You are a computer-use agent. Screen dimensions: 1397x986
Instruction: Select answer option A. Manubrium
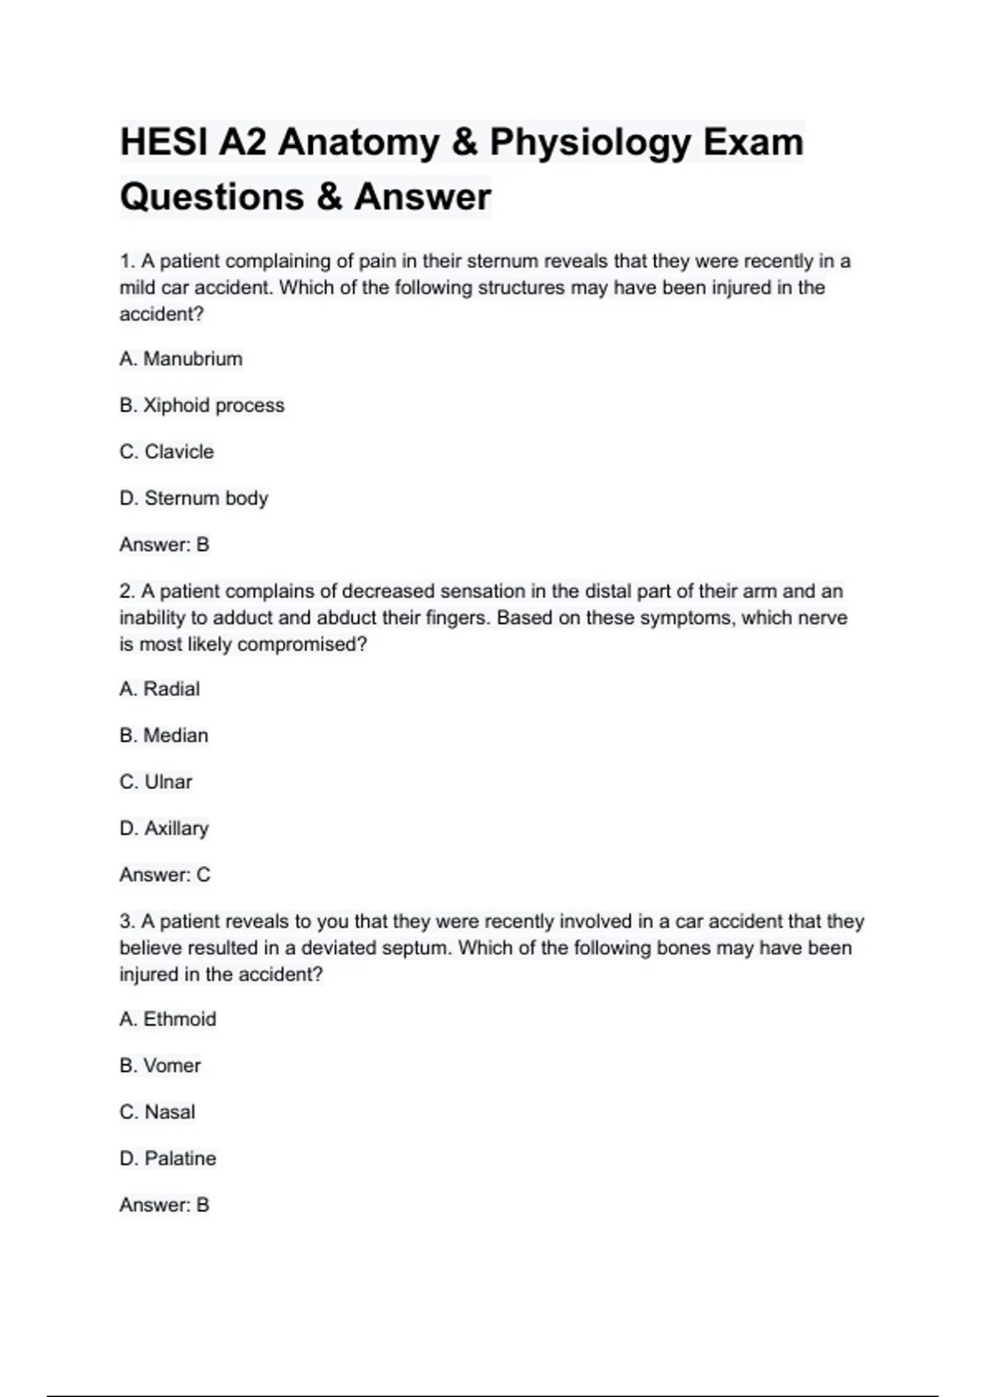181,359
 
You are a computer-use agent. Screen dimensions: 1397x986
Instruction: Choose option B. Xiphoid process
201,405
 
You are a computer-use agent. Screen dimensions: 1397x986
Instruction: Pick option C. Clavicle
166,452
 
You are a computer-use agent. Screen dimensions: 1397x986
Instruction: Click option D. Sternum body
194,498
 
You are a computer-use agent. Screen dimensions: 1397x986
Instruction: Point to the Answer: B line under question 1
164,545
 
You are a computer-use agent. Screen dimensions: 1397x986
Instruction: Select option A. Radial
159,689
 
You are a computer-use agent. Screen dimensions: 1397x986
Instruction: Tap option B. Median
164,735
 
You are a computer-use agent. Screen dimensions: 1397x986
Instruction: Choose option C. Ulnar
155,781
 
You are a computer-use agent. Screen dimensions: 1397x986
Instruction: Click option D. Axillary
164,828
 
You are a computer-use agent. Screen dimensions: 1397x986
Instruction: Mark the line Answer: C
164,874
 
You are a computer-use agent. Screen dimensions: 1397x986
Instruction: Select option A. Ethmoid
168,1019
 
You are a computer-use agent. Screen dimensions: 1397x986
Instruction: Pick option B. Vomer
159,1066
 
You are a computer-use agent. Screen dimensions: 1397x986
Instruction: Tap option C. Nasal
157,1112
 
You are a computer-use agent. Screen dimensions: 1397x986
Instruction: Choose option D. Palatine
168,1159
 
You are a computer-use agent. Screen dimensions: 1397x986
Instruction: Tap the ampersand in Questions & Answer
329,197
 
